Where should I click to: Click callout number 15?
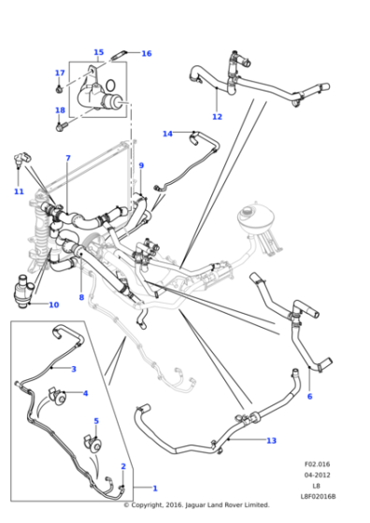click(98, 52)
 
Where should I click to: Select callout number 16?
click(146, 53)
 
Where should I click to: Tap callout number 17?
click(60, 73)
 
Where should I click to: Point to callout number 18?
click(60, 110)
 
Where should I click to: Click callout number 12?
click(217, 117)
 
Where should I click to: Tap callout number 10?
click(53, 304)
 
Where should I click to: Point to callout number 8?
click(81, 298)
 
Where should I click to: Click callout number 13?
click(271, 440)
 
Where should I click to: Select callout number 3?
click(73, 369)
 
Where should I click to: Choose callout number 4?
click(85, 393)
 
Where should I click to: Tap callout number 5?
click(95, 421)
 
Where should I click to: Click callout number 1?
click(154, 488)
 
